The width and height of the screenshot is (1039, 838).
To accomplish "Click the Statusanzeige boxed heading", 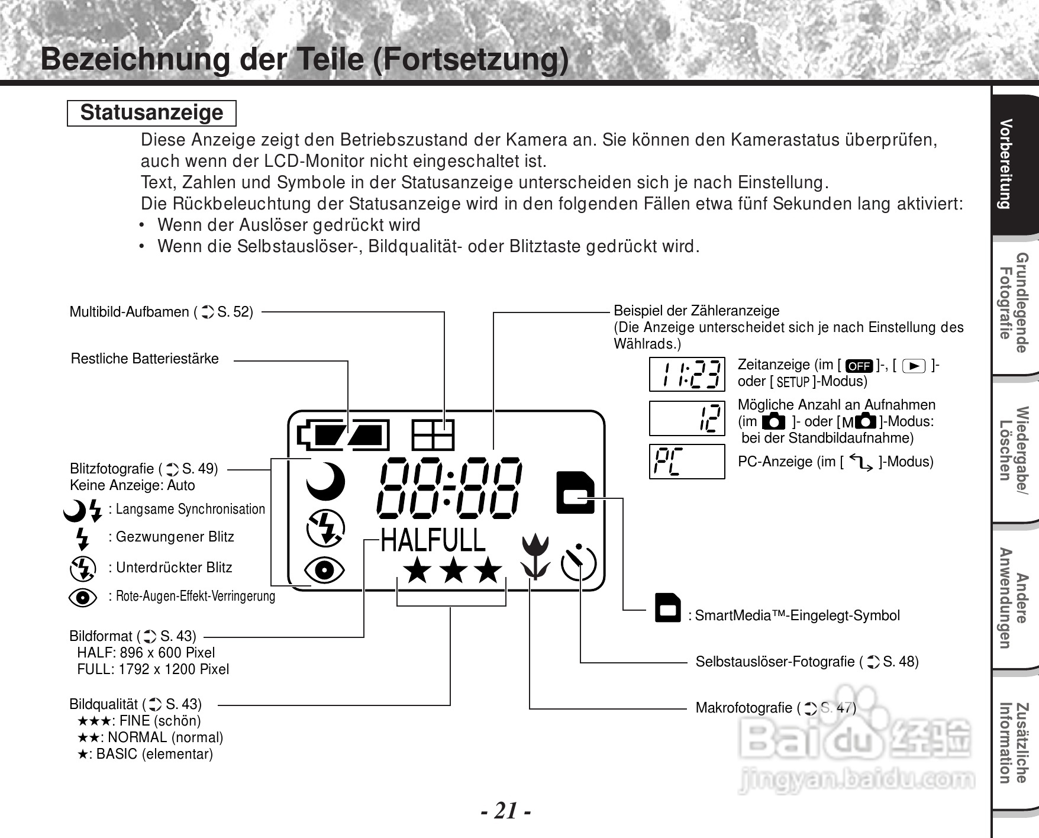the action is point(151,113).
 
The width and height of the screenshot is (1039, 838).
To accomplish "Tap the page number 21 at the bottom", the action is point(505,810).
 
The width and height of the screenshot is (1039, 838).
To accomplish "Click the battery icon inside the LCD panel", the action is point(343,435).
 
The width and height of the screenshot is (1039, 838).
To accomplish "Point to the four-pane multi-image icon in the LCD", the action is point(433,435).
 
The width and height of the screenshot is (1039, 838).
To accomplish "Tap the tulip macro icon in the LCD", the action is point(535,557).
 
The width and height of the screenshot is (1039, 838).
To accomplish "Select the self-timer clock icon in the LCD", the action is point(578,563).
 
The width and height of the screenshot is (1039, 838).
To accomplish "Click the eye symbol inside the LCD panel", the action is point(324,570).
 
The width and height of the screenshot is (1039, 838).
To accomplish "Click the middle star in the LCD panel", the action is point(454,571).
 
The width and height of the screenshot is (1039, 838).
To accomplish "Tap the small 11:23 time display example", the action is point(687,374).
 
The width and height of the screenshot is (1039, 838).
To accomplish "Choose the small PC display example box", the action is point(687,461).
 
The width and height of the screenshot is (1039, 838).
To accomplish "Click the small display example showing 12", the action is point(687,418).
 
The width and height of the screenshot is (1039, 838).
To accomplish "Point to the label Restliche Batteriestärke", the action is point(145,359).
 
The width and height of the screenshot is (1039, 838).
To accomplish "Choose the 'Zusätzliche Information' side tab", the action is point(1013,743).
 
